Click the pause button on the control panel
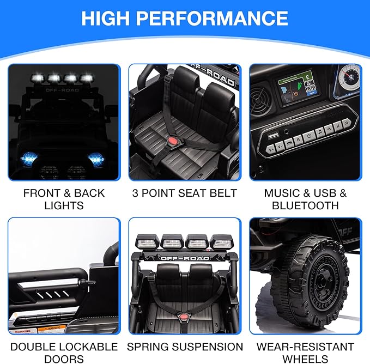click(x=339, y=128)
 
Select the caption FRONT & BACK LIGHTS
click(x=63, y=199)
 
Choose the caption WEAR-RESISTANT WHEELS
click(x=305, y=353)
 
